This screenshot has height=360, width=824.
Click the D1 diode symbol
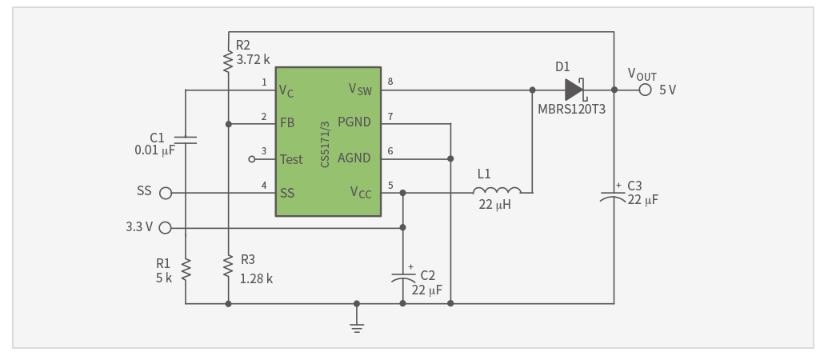[576, 90]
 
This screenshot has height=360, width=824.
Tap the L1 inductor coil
[497, 190]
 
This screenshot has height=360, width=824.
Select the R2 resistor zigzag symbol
[228, 61]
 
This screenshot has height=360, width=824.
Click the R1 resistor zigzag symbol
[186, 270]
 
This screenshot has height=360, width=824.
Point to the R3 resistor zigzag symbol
[228, 266]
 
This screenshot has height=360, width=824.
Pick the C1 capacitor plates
[186, 140]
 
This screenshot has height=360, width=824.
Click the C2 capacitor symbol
[402, 278]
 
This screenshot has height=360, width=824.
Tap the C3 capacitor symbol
[614, 195]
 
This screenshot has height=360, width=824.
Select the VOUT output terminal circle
[646, 90]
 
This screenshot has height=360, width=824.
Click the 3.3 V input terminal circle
[166, 228]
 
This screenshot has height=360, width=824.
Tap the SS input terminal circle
[166, 194]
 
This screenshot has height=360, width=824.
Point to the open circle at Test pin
[252, 158]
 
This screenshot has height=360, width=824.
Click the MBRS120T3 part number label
[568, 109]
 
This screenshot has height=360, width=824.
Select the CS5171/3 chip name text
[326, 145]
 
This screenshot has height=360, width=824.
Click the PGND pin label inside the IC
[354, 122]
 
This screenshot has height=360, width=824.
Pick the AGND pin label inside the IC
[354, 158]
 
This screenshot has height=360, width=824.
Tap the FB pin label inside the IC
[287, 123]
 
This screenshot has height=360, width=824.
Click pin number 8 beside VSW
[390, 81]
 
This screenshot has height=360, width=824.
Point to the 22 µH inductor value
[495, 205]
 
